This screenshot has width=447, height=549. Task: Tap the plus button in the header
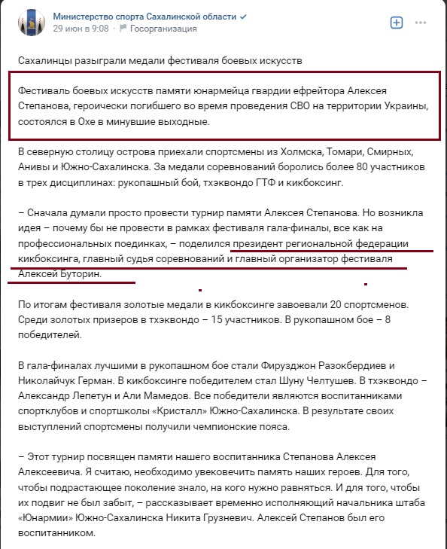(x=397, y=23)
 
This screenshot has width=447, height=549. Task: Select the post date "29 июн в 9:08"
(x=81, y=29)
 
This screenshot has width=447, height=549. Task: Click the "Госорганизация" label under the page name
(x=163, y=29)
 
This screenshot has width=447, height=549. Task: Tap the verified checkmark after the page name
(x=265, y=16)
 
